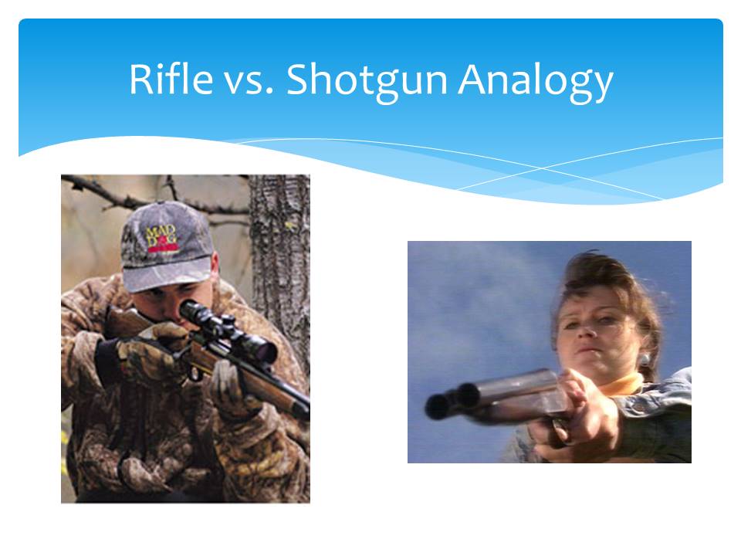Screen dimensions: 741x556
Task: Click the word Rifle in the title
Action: (171, 79)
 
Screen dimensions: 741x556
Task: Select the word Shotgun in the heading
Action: (367, 80)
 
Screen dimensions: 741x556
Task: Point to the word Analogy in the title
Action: (536, 81)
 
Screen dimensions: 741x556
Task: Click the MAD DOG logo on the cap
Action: (161, 239)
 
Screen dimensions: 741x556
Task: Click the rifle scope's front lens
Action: (266, 351)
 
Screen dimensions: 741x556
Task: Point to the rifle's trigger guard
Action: (195, 373)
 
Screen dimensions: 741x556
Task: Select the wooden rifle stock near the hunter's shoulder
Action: (126, 322)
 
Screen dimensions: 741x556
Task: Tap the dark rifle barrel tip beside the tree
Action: (301, 410)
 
